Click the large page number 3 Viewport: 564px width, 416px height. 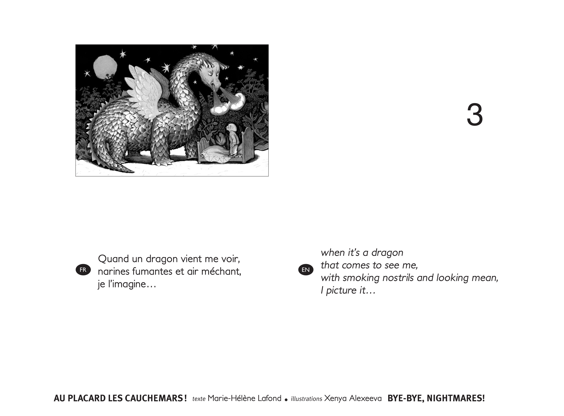(475, 115)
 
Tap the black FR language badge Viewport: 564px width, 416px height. (83, 270)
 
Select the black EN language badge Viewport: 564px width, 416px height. (306, 270)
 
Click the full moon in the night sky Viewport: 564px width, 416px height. (105, 66)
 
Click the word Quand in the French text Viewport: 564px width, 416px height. (114, 259)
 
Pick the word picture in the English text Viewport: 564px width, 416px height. (341, 291)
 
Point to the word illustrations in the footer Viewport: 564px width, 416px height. (307, 399)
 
